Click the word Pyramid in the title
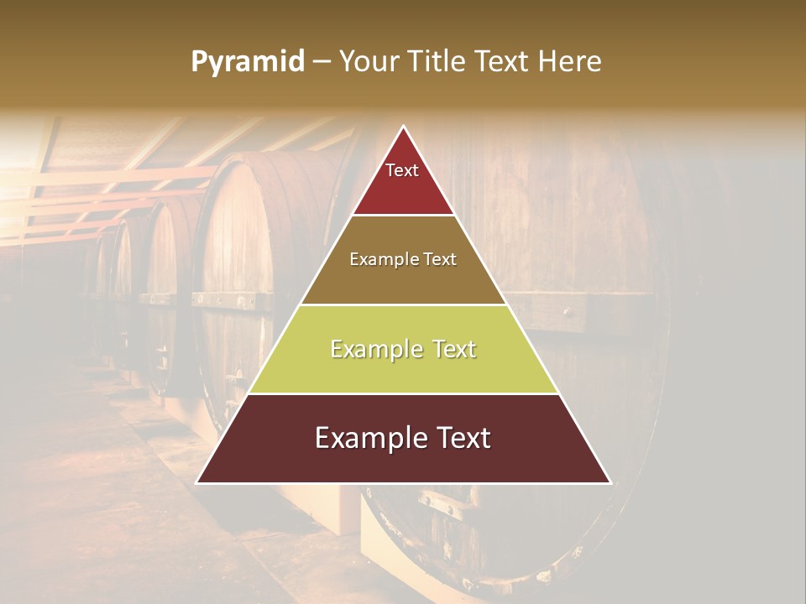247,62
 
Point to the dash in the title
320,62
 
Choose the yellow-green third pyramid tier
403,369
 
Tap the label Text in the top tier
402,170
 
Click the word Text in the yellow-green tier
449,349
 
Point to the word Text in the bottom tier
459,438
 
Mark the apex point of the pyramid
404,127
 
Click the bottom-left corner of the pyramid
197,483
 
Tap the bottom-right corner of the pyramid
610,483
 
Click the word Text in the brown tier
438,260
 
